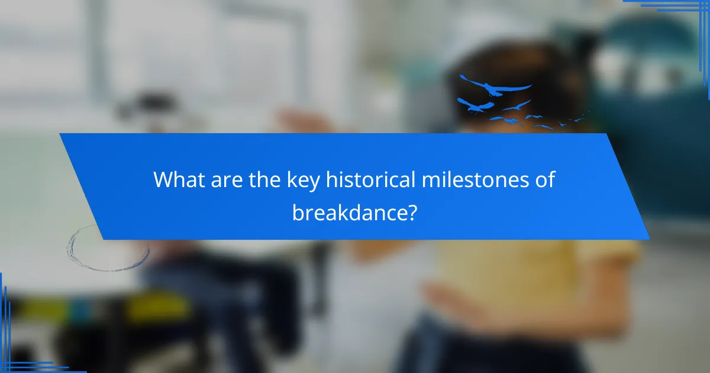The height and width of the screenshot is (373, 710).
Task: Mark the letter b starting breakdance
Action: [298, 212]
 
